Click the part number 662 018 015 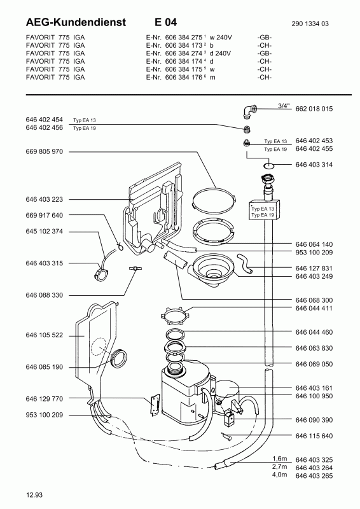314,109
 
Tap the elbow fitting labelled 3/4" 249,111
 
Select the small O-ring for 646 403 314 269,166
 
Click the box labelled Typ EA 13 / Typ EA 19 264,210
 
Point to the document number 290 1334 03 310,24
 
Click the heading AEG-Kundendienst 76,22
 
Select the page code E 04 165,22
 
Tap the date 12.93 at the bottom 34,495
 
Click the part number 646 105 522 44,335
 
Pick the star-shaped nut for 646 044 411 174,316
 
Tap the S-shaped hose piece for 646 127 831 245,263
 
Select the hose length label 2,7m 279,467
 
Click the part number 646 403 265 314,476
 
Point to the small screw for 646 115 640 226,436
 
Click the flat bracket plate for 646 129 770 155,404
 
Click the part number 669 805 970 44,151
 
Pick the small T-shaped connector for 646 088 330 133,268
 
